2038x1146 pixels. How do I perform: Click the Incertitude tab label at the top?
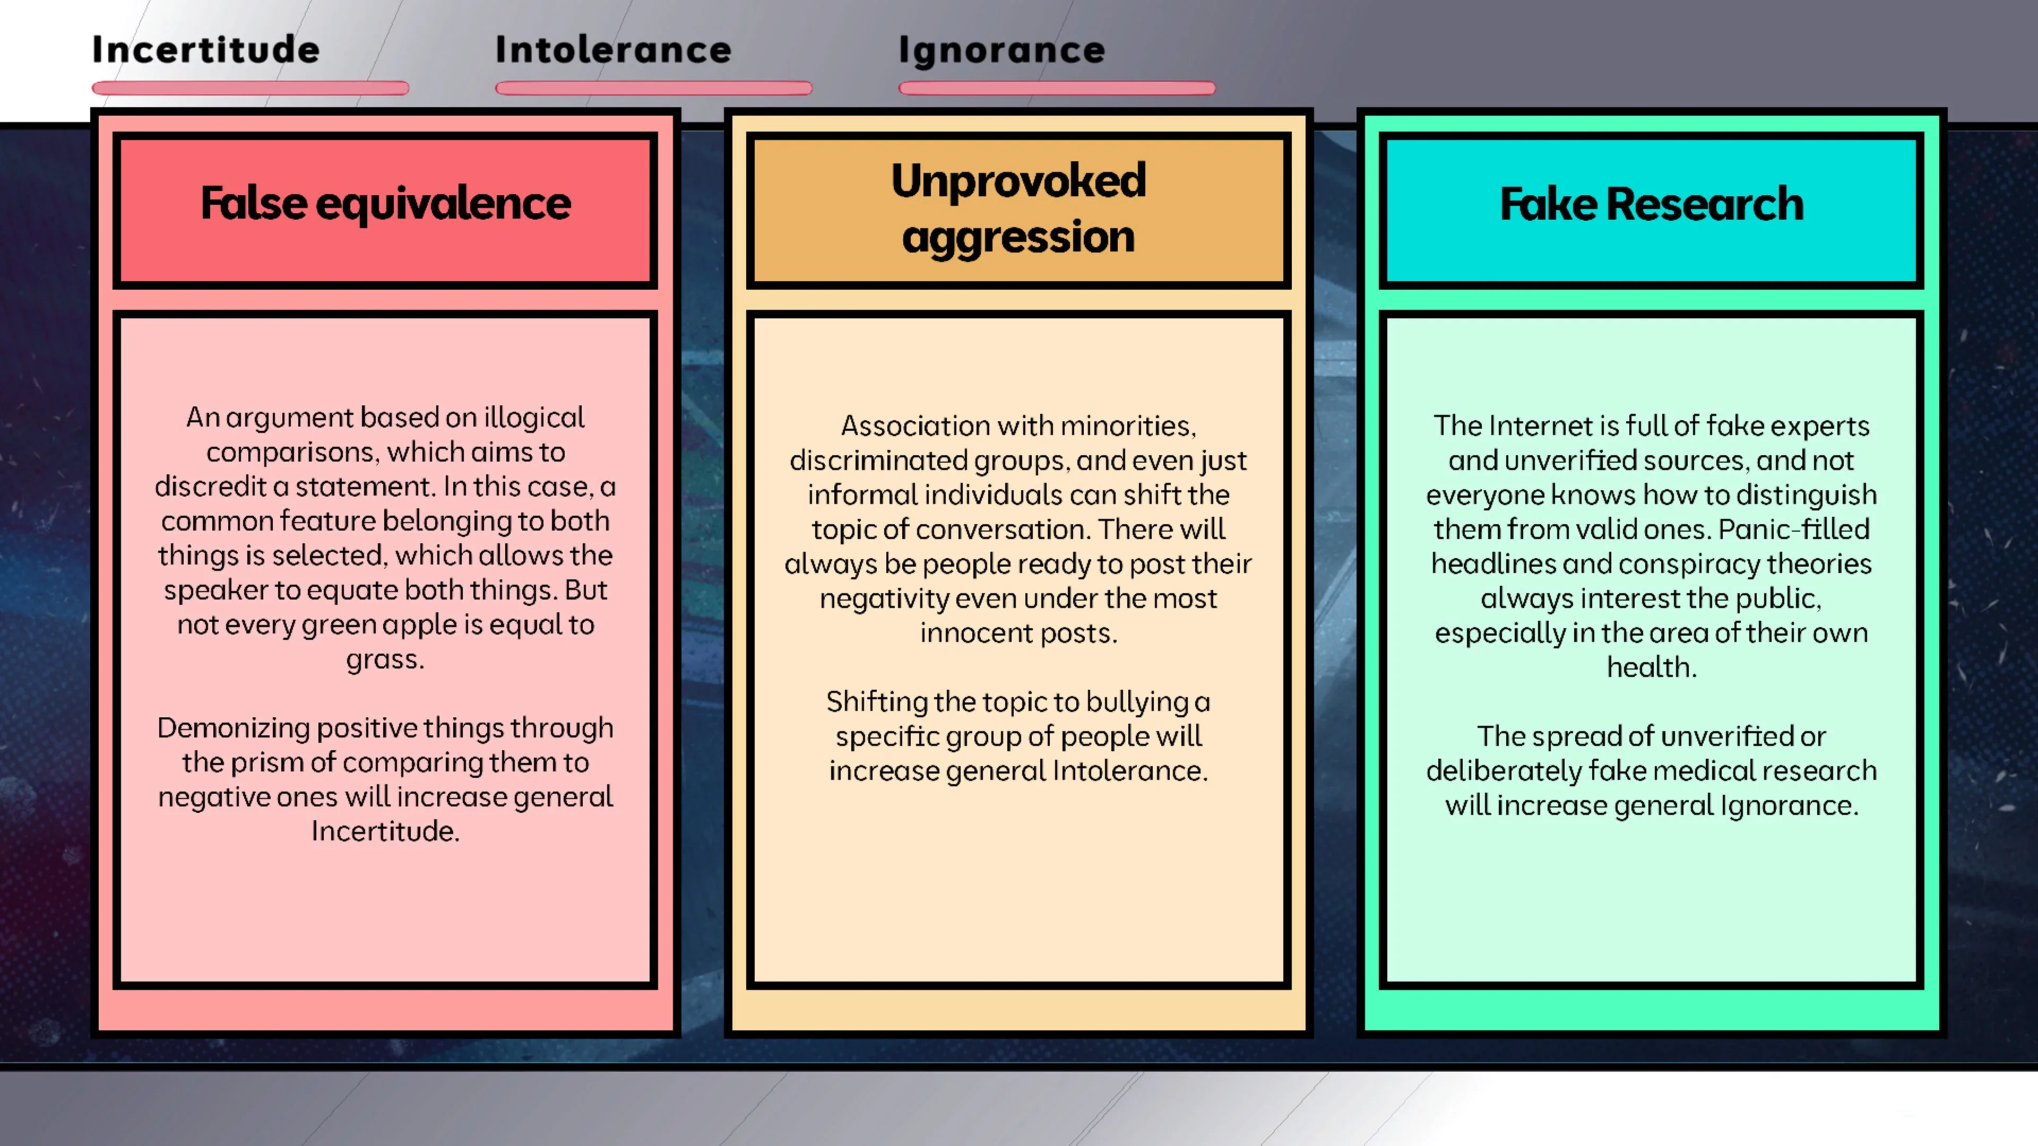click(x=206, y=50)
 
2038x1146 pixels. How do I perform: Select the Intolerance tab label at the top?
click(x=613, y=50)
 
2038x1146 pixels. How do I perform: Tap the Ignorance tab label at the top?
click(x=1001, y=50)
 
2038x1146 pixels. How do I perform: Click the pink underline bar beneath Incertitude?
click(x=250, y=88)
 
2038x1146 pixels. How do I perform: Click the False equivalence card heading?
click(x=385, y=203)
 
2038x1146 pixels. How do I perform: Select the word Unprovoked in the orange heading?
click(x=1018, y=180)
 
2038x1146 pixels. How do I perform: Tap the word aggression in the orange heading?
click(x=1018, y=237)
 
